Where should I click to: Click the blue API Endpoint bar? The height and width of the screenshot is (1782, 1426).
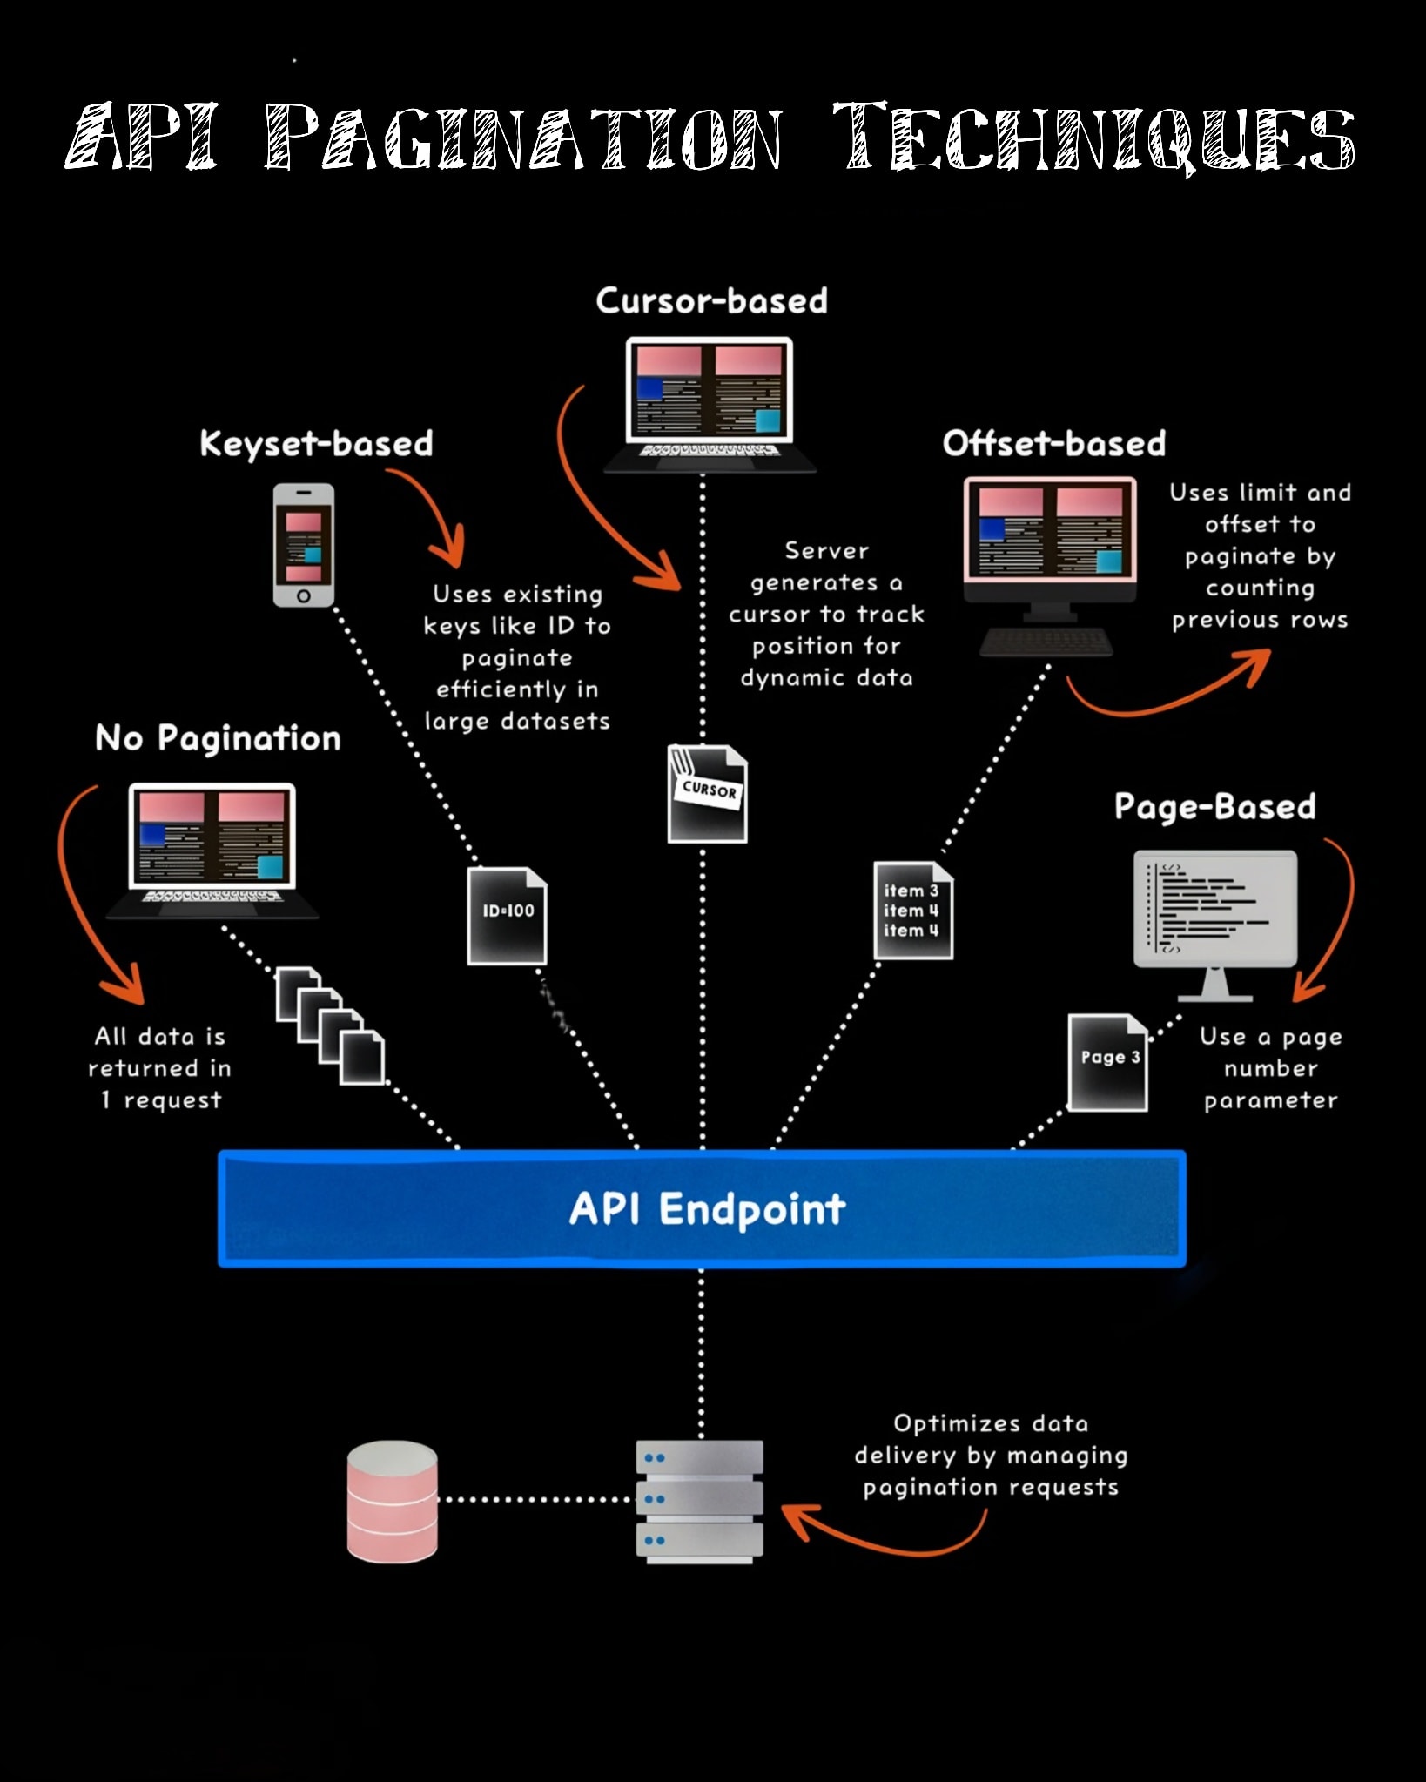click(702, 1207)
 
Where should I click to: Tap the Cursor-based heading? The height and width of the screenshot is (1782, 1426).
click(711, 301)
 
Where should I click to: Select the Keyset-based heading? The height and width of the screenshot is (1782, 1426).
click(316, 444)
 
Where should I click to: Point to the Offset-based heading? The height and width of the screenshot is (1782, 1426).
click(1053, 444)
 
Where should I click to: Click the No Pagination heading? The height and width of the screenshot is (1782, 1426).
click(218, 738)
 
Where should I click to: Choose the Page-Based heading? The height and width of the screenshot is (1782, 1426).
click(1214, 807)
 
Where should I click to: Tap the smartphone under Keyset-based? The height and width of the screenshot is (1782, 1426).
click(304, 545)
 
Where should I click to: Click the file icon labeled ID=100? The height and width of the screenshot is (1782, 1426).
click(508, 916)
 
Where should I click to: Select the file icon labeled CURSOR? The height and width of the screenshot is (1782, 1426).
click(707, 793)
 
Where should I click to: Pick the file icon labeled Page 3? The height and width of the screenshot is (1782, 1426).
click(1107, 1062)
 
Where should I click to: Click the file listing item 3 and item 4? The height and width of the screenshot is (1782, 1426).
click(913, 911)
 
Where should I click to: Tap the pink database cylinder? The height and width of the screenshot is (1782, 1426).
click(392, 1502)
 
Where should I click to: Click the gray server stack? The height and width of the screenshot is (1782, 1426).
click(699, 1502)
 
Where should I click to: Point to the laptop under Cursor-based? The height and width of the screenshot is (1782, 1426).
click(710, 405)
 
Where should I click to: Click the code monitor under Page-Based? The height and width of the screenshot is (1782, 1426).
click(1215, 925)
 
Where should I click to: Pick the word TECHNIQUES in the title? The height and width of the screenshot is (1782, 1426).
click(1093, 137)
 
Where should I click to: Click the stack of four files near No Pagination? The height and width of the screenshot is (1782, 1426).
click(330, 1025)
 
